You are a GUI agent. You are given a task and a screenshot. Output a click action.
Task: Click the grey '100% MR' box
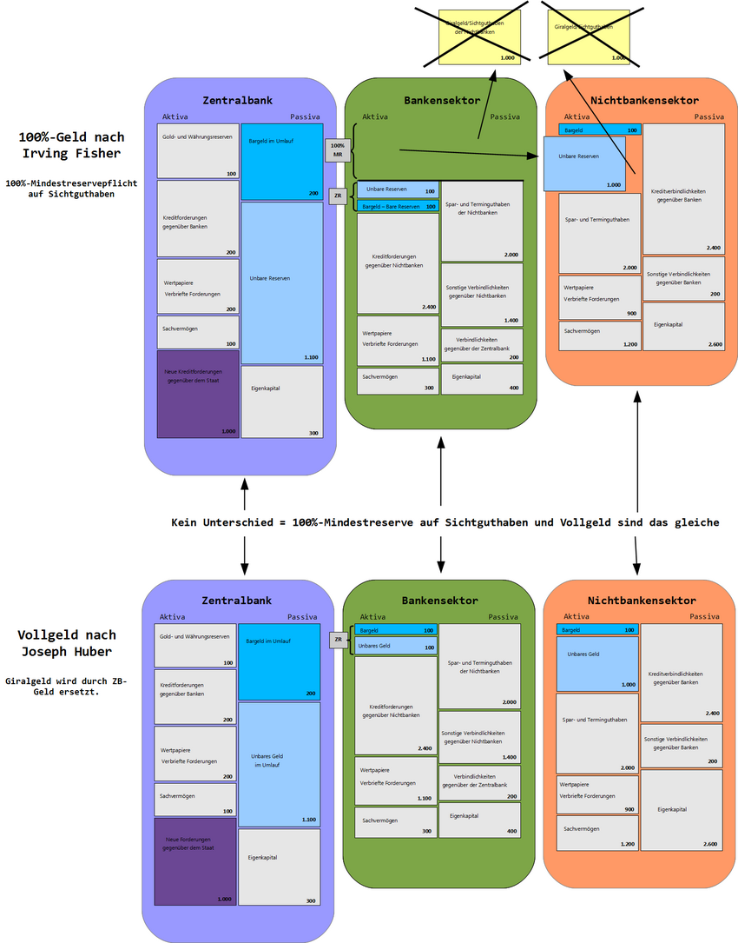[x=338, y=150]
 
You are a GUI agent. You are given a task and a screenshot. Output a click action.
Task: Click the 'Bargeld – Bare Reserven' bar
[x=398, y=207]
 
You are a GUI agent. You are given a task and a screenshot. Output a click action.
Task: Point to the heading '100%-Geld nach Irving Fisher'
[x=71, y=145]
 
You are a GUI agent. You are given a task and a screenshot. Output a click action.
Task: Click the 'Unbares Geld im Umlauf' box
[x=279, y=764]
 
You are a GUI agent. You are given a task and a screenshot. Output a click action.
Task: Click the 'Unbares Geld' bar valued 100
[x=395, y=646]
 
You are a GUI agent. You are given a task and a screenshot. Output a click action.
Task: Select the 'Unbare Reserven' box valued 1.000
[x=584, y=163]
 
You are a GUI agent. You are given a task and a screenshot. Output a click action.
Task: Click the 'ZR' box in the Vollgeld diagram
[x=339, y=641]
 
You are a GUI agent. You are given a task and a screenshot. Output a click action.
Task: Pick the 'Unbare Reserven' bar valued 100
[x=398, y=189]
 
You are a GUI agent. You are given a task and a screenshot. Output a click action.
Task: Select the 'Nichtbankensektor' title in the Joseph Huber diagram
[x=641, y=601]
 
